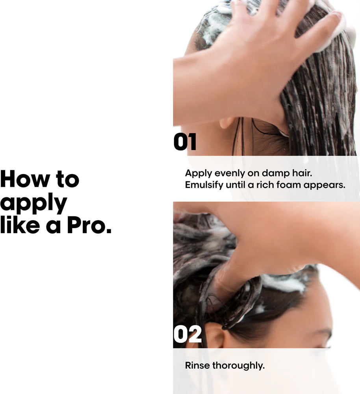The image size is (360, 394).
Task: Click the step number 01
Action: pos(185,142)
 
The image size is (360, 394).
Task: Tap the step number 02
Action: pos(187,334)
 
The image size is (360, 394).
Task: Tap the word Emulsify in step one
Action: pos(204,185)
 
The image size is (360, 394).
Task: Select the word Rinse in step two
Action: pos(197,365)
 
